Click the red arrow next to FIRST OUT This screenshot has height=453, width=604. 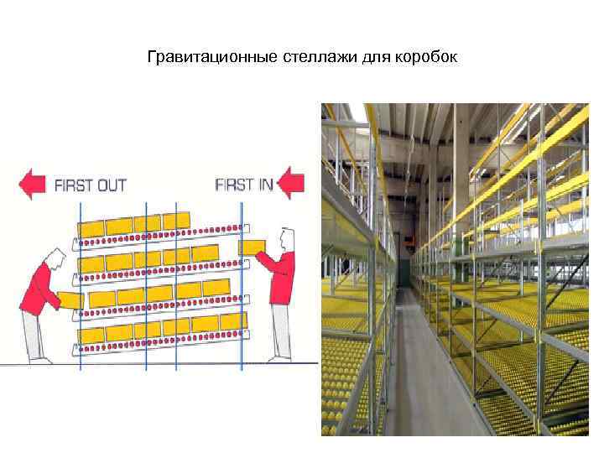(33, 184)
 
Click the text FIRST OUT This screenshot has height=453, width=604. (90, 185)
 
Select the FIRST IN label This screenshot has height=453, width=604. (244, 184)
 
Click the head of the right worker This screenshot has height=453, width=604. (286, 240)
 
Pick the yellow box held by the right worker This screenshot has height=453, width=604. (252, 247)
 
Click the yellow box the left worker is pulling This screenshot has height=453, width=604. (70, 299)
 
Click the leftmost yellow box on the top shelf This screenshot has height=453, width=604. (91, 228)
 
